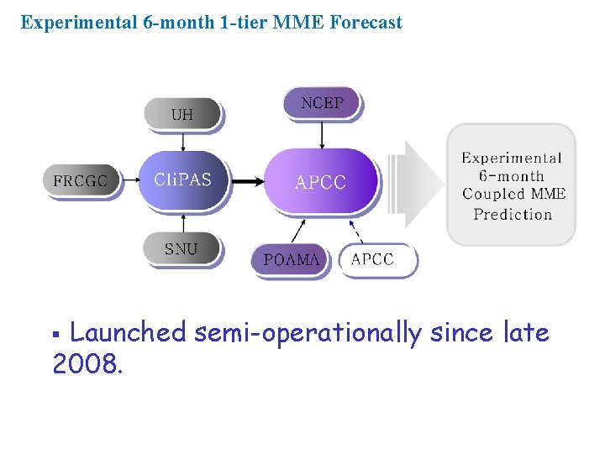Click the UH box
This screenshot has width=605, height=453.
[182, 114]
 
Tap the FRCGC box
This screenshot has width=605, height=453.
[80, 180]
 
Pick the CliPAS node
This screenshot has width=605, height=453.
[182, 180]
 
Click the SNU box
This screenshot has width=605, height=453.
[181, 249]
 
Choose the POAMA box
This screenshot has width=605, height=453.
[291, 259]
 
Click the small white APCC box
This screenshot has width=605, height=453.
[372, 259]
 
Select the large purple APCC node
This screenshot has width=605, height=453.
[320, 181]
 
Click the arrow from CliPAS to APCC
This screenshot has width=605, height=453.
[245, 180]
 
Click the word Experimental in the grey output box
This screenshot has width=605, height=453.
[512, 158]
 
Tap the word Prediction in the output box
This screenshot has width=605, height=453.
[513, 214]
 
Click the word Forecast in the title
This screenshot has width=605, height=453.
[366, 23]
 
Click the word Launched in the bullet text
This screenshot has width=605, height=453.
[128, 333]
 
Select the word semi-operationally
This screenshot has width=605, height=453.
[308, 333]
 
